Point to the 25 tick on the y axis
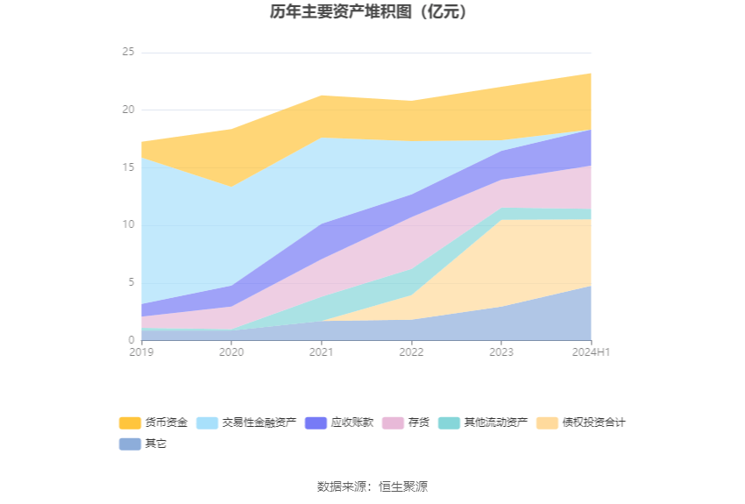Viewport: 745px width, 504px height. (128, 53)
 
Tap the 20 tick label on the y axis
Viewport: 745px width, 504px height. (128, 110)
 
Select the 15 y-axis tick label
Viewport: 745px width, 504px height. (128, 167)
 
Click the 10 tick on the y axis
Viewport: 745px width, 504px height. (128, 225)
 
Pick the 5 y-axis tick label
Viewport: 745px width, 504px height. (131, 282)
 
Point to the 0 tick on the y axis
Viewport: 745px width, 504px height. (131, 340)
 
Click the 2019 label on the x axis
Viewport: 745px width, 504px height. (141, 351)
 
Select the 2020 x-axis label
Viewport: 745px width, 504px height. (231, 351)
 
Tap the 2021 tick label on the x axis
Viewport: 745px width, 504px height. (321, 351)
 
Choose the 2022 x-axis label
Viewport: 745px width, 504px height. (411, 351)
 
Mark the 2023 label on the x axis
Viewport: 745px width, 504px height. (501, 351)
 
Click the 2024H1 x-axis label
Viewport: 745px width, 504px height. (591, 351)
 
